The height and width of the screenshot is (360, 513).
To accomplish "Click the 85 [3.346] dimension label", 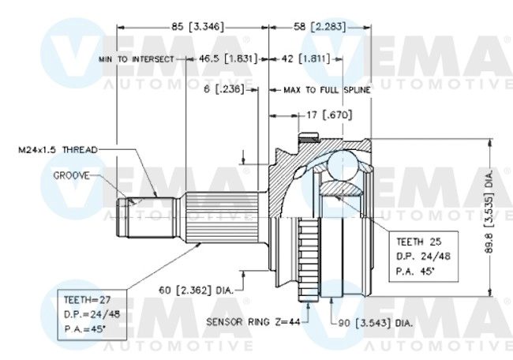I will pyautogui.click(x=194, y=27).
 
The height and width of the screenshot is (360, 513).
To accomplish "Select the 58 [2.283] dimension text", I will pyautogui.click(x=314, y=27).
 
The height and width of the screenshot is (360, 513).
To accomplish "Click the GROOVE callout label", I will pyautogui.click(x=73, y=174).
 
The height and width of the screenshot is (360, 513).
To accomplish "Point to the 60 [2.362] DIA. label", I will pyautogui.click(x=197, y=291).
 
